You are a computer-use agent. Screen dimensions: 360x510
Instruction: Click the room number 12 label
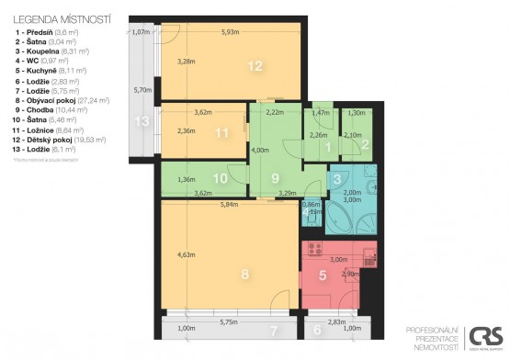click(255, 65)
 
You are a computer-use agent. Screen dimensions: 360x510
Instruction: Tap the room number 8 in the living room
click(244, 273)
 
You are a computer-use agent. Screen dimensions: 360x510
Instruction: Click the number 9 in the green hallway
click(274, 178)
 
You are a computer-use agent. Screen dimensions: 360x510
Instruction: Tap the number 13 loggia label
click(141, 120)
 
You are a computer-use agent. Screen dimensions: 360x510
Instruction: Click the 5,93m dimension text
click(231, 33)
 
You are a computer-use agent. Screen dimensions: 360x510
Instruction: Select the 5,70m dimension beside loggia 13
click(142, 90)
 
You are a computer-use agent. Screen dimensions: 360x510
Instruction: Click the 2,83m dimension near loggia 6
click(336, 322)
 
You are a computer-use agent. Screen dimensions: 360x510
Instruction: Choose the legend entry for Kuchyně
click(51, 70)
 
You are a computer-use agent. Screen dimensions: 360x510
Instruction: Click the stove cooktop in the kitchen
click(314, 248)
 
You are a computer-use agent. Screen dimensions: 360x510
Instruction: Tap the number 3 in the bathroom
click(337, 178)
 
